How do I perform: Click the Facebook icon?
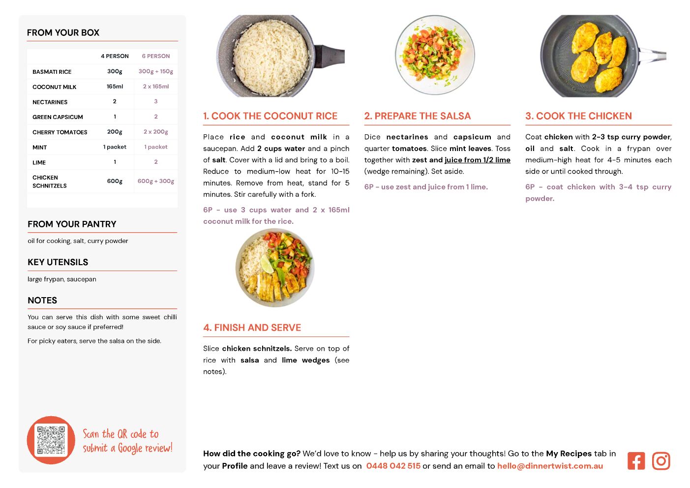pos(636,461)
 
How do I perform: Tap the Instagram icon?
pos(661,461)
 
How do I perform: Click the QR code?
pos(51,440)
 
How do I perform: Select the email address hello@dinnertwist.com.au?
pos(550,466)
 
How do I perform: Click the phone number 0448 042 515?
pos(393,466)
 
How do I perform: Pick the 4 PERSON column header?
pos(115,56)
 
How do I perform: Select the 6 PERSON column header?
pos(156,56)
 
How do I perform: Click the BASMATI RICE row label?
pos(52,72)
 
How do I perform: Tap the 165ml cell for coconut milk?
pos(115,87)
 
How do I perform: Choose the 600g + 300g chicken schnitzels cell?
pos(156,181)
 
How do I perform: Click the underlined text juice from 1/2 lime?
pos(478,160)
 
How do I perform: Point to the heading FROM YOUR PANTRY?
pos(72,224)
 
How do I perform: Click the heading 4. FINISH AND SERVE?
pos(252,328)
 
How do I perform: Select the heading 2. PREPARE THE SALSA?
pos(418,116)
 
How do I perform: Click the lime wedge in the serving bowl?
pos(267,264)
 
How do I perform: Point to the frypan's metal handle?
pos(653,56)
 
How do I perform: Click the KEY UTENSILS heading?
pos(58,262)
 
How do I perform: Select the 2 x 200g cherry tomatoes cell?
pos(156,132)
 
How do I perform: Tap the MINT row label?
pos(40,148)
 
